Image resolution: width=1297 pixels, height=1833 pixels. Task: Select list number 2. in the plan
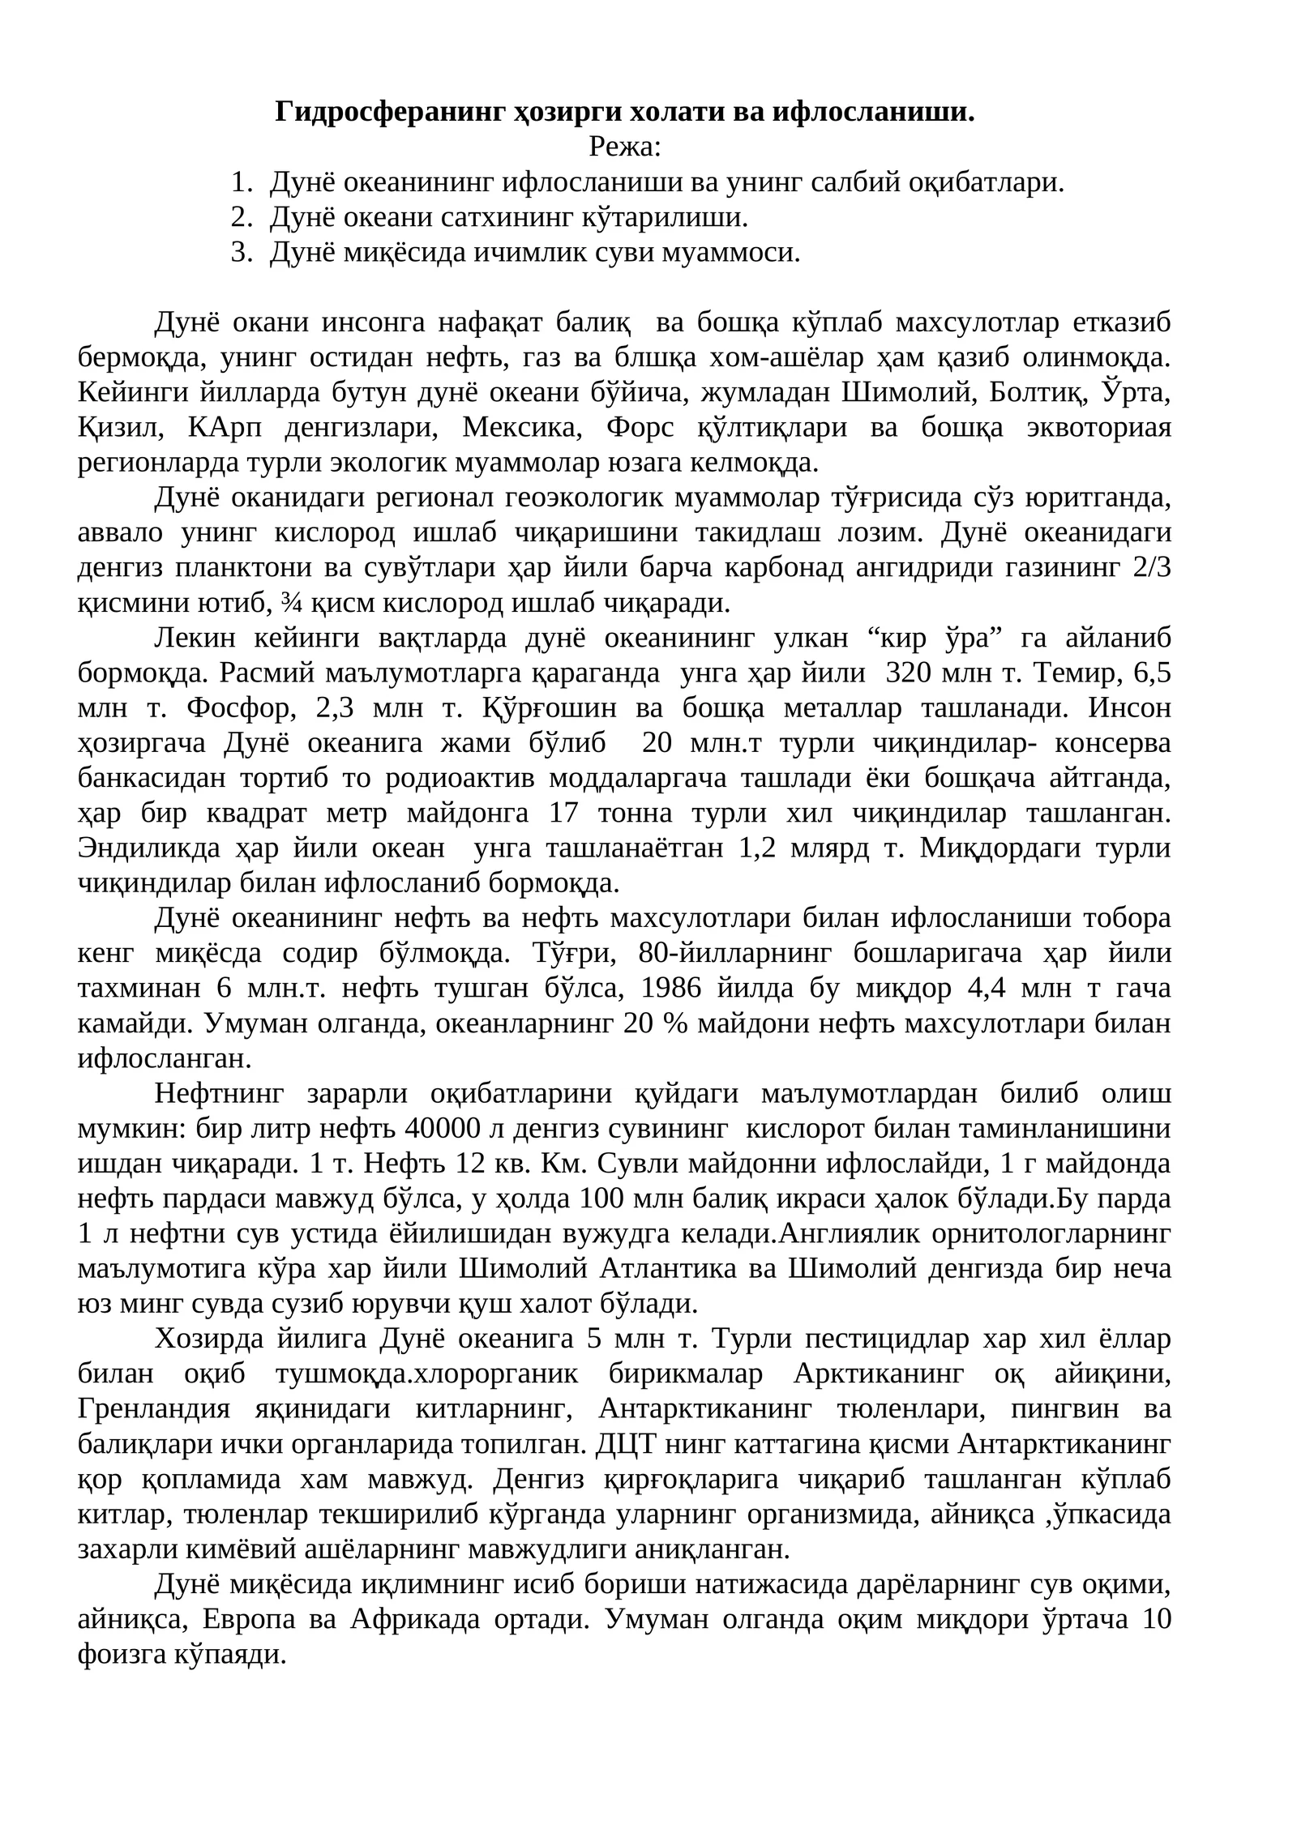(x=241, y=217)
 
